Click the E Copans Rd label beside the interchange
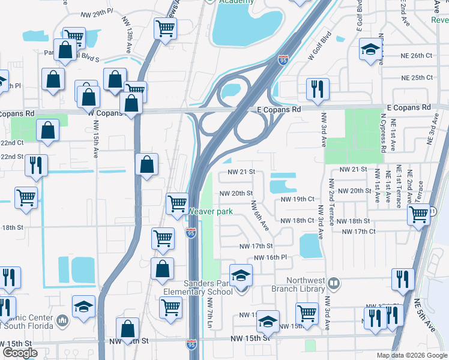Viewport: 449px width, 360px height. click(x=279, y=110)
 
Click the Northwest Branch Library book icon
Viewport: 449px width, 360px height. click(x=334, y=281)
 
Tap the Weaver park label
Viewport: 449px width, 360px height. click(x=211, y=211)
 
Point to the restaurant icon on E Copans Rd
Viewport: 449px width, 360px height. click(x=316, y=89)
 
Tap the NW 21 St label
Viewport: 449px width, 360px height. click(x=241, y=172)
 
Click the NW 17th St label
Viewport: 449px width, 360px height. click(x=256, y=246)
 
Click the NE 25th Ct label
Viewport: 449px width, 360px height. click(x=416, y=78)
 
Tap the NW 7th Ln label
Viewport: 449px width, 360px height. click(x=210, y=312)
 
